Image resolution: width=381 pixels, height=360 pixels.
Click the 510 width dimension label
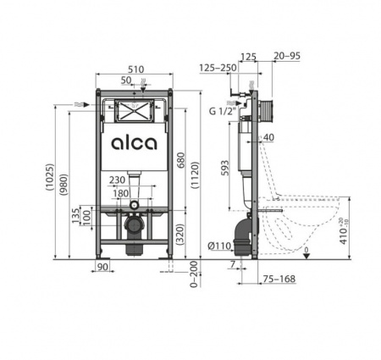click(136, 69)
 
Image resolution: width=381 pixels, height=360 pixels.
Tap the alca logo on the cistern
click(134, 143)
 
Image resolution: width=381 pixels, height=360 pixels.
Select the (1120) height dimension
click(195, 174)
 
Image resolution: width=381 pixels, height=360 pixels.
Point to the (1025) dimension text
click(50, 177)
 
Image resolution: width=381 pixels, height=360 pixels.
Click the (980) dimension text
click(63, 185)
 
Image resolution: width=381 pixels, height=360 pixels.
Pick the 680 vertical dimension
click(180, 160)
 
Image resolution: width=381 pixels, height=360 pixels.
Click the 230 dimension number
click(117, 180)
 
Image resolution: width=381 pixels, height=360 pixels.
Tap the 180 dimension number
click(121, 194)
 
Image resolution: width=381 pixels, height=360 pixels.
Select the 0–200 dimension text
click(194, 274)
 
